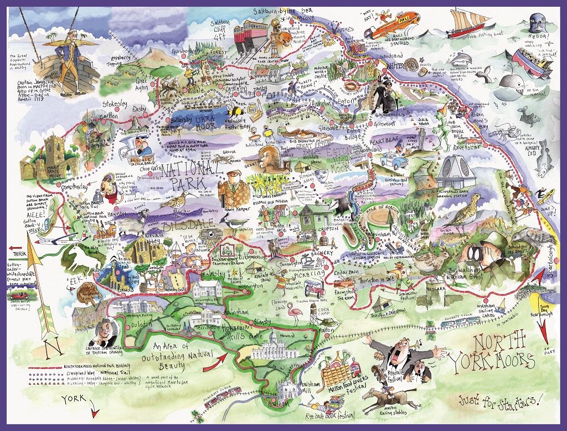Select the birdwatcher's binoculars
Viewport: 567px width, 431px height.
coord(475,250)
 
